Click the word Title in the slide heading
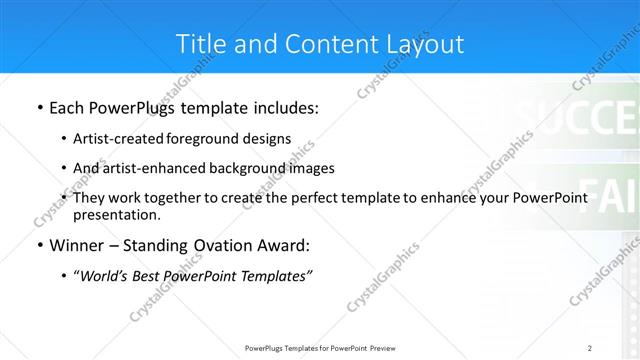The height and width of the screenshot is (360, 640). tap(199, 44)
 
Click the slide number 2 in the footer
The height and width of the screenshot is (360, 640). tap(590, 348)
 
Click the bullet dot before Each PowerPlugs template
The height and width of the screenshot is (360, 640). tap(38, 106)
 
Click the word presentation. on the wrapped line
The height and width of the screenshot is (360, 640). tap(116, 215)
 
